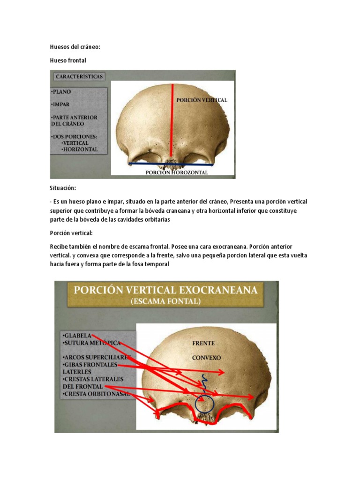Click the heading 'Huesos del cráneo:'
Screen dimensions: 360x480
[75, 47]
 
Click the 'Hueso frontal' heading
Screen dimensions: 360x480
[68, 60]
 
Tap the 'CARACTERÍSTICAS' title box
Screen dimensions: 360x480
[79, 76]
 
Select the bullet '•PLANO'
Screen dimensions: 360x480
[61, 92]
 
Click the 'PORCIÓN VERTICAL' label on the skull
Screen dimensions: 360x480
[202, 100]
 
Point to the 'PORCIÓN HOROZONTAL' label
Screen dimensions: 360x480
[177, 172]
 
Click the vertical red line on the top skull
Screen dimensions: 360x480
[172, 122]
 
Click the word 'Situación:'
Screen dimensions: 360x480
[63, 187]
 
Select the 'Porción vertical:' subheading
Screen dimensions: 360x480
[71, 233]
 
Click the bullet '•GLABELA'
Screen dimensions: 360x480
[76, 336]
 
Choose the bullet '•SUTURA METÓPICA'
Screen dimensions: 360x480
[91, 343]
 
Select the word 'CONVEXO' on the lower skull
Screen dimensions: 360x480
[206, 358]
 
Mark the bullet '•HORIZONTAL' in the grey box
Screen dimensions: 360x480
[80, 150]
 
